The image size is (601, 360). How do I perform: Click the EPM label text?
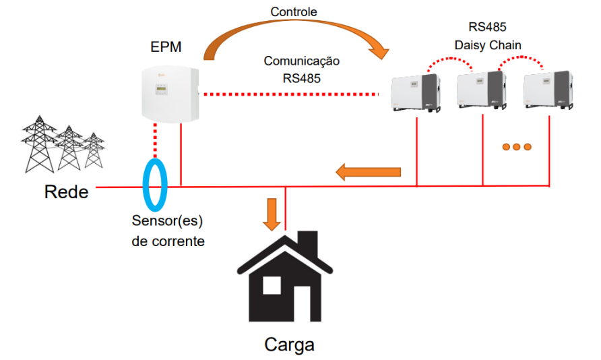click(166, 47)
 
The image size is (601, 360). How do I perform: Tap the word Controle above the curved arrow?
click(294, 12)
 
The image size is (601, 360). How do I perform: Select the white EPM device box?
click(170, 94)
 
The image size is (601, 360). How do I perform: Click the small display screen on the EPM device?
click(161, 90)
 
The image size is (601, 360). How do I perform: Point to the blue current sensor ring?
click(144, 186)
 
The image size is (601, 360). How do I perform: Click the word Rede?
click(66, 191)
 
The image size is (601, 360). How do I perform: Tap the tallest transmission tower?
click(38, 144)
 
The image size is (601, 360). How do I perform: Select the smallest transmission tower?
click(94, 150)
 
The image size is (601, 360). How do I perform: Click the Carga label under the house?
click(290, 344)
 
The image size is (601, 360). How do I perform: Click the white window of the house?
click(272, 286)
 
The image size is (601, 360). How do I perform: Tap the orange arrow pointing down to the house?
click(272, 214)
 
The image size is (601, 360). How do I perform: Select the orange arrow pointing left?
click(368, 172)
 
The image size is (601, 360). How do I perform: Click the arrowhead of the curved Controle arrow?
click(379, 51)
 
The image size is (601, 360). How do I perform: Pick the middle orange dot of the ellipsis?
click(517, 147)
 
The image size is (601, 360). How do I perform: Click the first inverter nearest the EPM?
click(416, 93)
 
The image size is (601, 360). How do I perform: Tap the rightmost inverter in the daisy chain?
click(548, 90)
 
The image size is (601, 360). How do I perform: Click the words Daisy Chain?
click(488, 45)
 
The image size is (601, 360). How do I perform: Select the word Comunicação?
click(302, 61)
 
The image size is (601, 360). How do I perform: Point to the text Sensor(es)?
click(167, 221)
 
